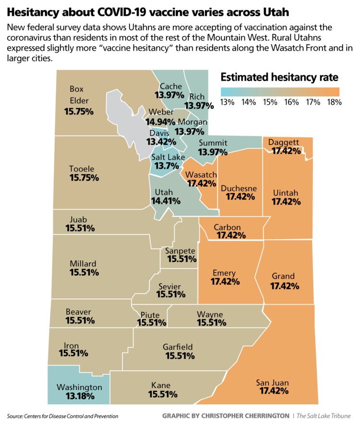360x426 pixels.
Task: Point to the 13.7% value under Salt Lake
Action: click(166, 166)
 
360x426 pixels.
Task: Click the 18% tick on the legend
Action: click(334, 102)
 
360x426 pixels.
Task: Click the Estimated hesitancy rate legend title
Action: click(279, 77)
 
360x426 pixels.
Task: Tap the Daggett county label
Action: click(284, 142)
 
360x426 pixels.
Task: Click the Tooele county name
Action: click(83, 169)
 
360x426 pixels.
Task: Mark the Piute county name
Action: click(150, 315)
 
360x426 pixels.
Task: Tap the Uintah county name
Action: click(286, 192)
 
